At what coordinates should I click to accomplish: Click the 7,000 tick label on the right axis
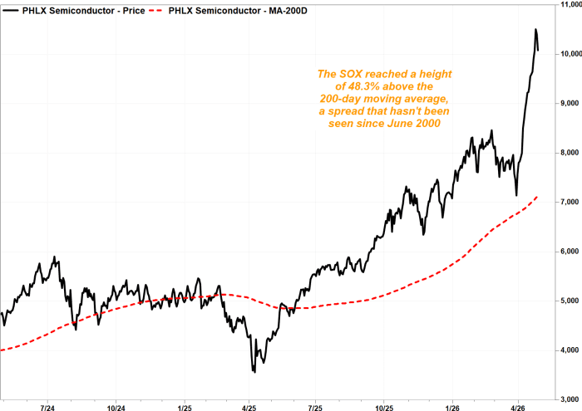tap(570, 202)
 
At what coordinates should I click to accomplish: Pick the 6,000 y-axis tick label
tap(570, 252)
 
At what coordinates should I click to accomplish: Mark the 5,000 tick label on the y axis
tap(570, 301)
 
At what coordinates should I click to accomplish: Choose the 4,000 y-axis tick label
tap(570, 350)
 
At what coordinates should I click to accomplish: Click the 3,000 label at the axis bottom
tap(570, 399)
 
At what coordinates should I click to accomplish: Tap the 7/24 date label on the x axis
tap(47, 408)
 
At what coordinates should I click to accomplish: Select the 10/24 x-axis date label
tap(116, 408)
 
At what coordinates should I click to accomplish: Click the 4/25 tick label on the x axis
tap(249, 408)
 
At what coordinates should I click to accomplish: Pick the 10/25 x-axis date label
tap(384, 408)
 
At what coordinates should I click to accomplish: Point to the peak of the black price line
tap(535, 30)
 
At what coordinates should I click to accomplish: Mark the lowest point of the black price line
tap(254, 372)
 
